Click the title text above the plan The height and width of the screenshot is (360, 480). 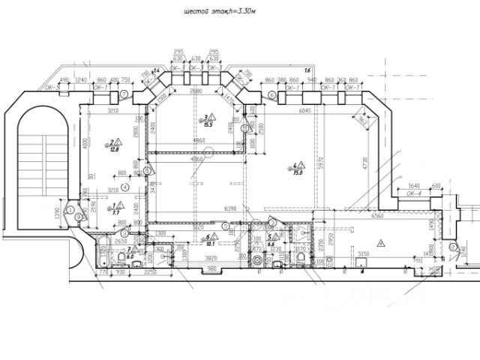pos(219,11)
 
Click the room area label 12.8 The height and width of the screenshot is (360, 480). pos(115,148)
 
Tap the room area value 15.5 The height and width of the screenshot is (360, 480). pos(209,124)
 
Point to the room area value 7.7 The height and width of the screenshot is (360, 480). pos(116,212)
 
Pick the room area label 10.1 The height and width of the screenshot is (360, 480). pos(210,243)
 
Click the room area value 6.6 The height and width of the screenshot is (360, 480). pos(272,244)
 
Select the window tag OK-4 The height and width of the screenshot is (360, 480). pos(414,193)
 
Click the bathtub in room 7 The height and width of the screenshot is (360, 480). pos(100,257)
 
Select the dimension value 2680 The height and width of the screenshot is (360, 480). pos(196,91)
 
